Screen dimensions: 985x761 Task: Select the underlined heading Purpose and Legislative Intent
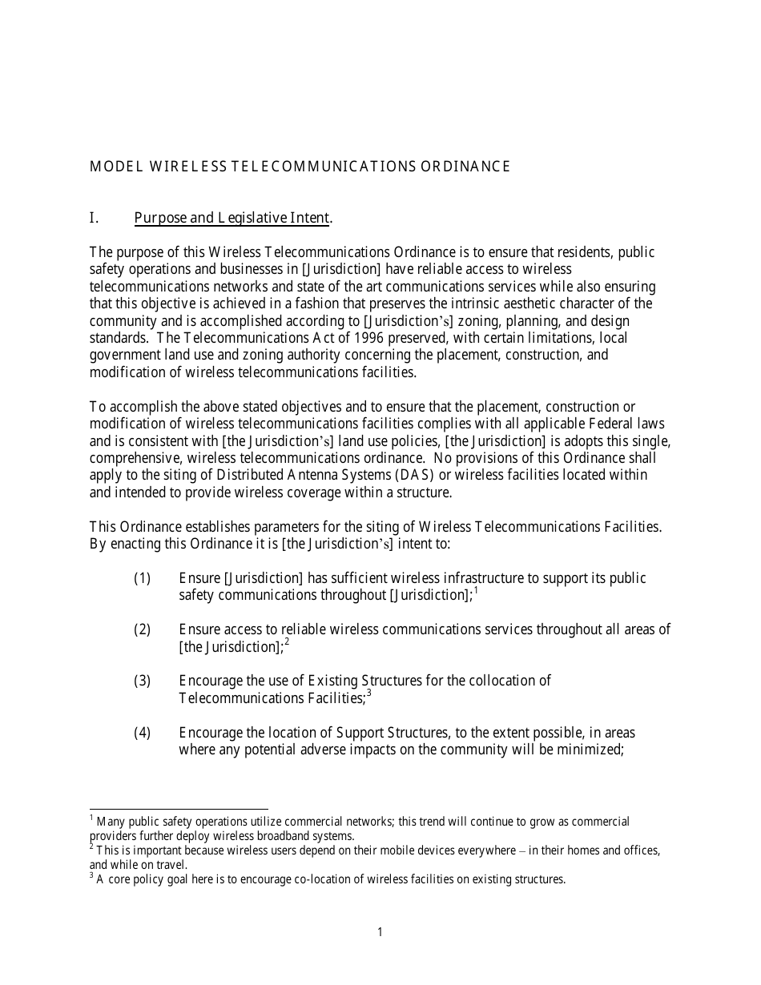tap(232, 218)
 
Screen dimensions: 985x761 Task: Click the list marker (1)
tap(142, 578)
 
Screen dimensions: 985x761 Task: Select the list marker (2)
tap(142, 629)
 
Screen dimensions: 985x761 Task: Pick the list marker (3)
tap(142, 681)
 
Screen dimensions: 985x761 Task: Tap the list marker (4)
tap(142, 733)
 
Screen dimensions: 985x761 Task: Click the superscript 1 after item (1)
tap(476, 591)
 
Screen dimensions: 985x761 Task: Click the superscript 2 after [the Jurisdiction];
tap(287, 642)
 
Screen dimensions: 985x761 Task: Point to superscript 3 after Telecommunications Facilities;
tap(368, 694)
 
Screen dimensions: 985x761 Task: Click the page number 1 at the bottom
tap(380, 931)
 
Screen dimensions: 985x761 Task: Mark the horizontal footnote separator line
tap(179, 810)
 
